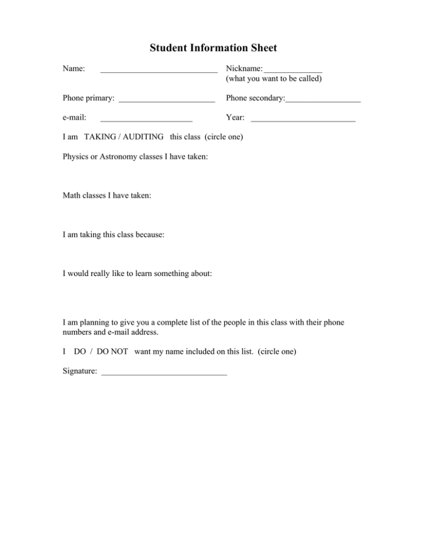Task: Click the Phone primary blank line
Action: pyautogui.click(x=167, y=101)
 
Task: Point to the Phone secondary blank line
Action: pyautogui.click(x=323, y=101)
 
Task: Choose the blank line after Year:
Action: pyautogui.click(x=303, y=120)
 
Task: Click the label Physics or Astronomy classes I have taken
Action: pyautogui.click(x=136, y=157)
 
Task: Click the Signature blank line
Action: pyautogui.click(x=164, y=373)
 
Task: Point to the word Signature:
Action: pyautogui.click(x=80, y=371)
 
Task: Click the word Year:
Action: pyautogui.click(x=236, y=117)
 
